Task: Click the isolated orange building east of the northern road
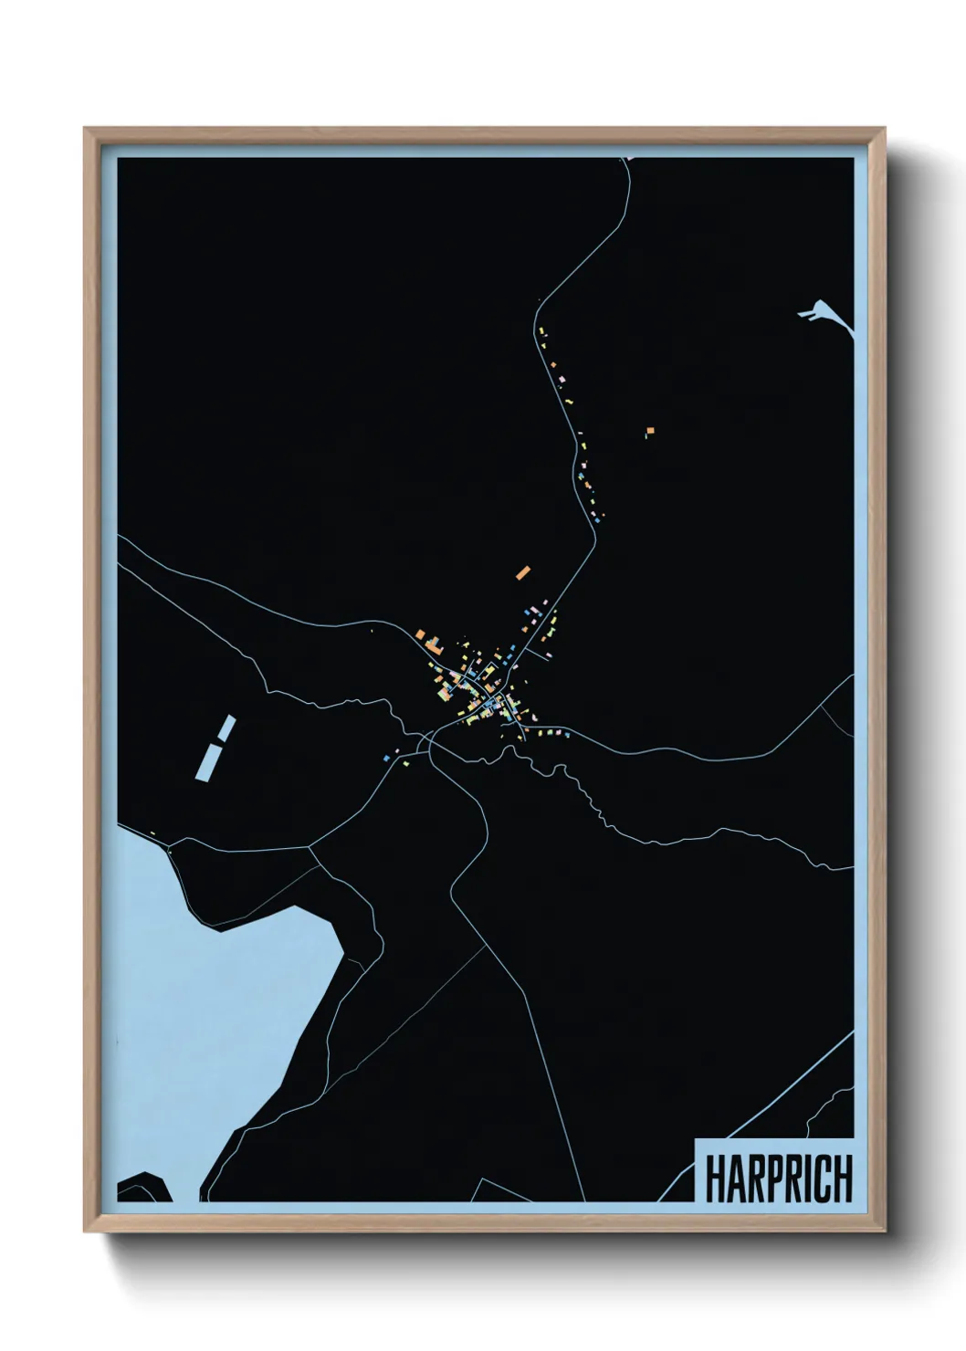[650, 430]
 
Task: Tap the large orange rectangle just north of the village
[523, 573]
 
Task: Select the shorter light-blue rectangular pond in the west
[226, 728]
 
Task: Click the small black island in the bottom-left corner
[144, 1186]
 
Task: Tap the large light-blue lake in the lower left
[210, 986]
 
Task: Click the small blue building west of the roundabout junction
[386, 757]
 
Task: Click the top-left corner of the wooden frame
[87, 131]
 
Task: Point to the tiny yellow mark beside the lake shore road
[152, 832]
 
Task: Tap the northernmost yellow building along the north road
[542, 330]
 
